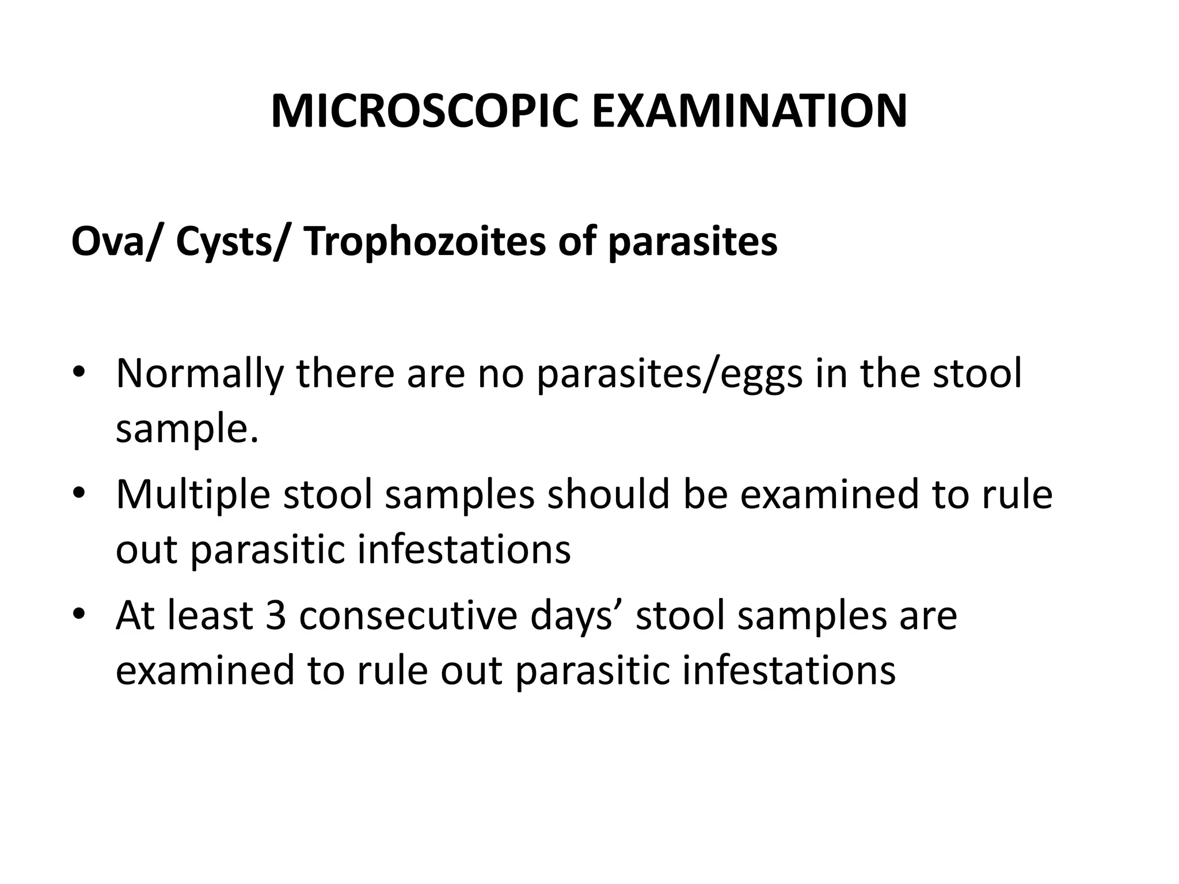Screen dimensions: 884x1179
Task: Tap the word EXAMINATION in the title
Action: (749, 112)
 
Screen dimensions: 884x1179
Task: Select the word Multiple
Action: (193, 494)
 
